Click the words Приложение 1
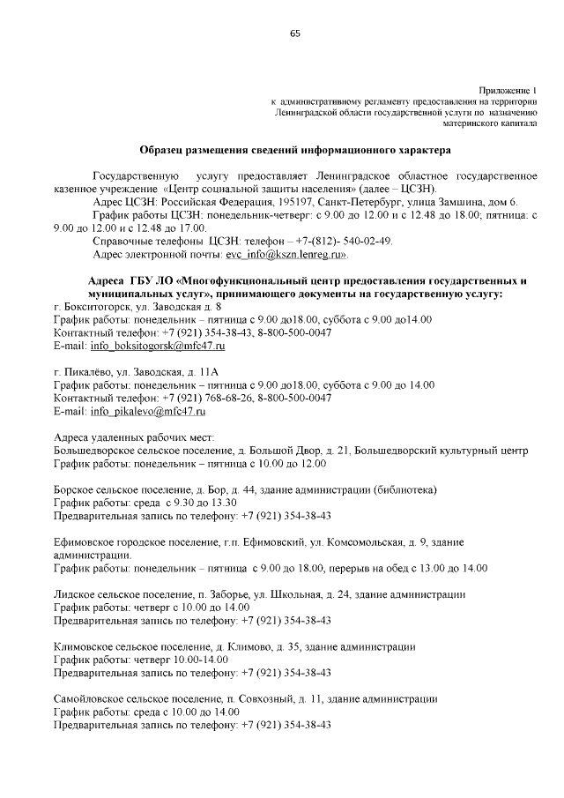coord(508,91)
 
